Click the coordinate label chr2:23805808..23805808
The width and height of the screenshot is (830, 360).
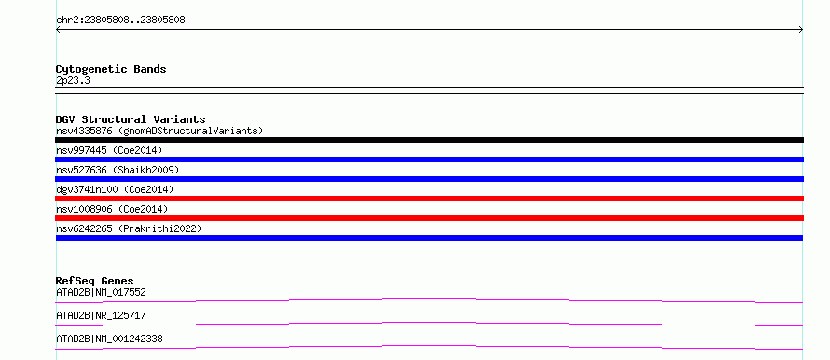(120, 21)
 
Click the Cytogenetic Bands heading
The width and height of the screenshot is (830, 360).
(111, 69)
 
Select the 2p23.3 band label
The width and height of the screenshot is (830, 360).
(73, 80)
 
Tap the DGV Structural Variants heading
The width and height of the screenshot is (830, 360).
(131, 119)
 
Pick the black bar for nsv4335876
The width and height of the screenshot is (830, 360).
(429, 140)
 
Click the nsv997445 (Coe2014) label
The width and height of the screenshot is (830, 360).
(109, 150)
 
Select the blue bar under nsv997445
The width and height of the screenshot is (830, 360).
(429, 159)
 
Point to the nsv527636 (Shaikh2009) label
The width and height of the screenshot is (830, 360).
(118, 170)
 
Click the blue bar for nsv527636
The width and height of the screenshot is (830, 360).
(429, 179)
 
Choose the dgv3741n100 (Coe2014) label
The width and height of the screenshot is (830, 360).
(115, 189)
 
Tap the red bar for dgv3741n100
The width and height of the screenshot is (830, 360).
(429, 199)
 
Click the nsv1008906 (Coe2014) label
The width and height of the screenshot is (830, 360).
(112, 209)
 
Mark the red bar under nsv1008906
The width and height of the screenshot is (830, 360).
(429, 218)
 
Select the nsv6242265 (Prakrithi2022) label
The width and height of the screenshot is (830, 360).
(129, 228)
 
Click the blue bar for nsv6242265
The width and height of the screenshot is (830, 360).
(429, 238)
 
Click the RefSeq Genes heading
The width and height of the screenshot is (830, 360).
(95, 281)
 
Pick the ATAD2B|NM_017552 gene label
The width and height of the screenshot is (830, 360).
(101, 292)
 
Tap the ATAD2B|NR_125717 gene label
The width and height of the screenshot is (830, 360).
(101, 315)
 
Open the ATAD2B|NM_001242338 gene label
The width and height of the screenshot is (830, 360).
(109, 339)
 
